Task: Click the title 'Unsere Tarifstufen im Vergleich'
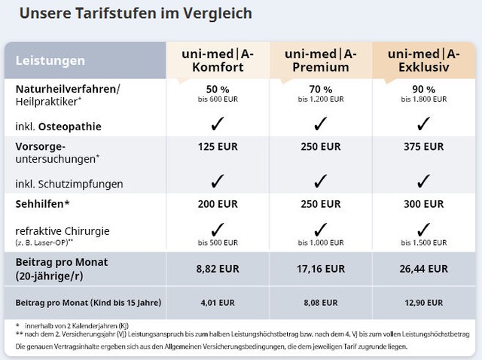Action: point(136,14)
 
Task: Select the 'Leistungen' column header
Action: point(50,60)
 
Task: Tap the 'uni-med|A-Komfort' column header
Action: point(218,59)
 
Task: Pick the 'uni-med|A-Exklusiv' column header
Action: point(423,59)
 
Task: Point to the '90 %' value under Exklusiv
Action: point(423,88)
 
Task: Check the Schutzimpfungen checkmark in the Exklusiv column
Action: point(423,181)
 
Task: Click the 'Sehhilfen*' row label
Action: point(42,204)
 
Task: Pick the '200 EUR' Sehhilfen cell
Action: point(218,204)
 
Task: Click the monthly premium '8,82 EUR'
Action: point(218,268)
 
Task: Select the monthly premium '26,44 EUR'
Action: point(423,268)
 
